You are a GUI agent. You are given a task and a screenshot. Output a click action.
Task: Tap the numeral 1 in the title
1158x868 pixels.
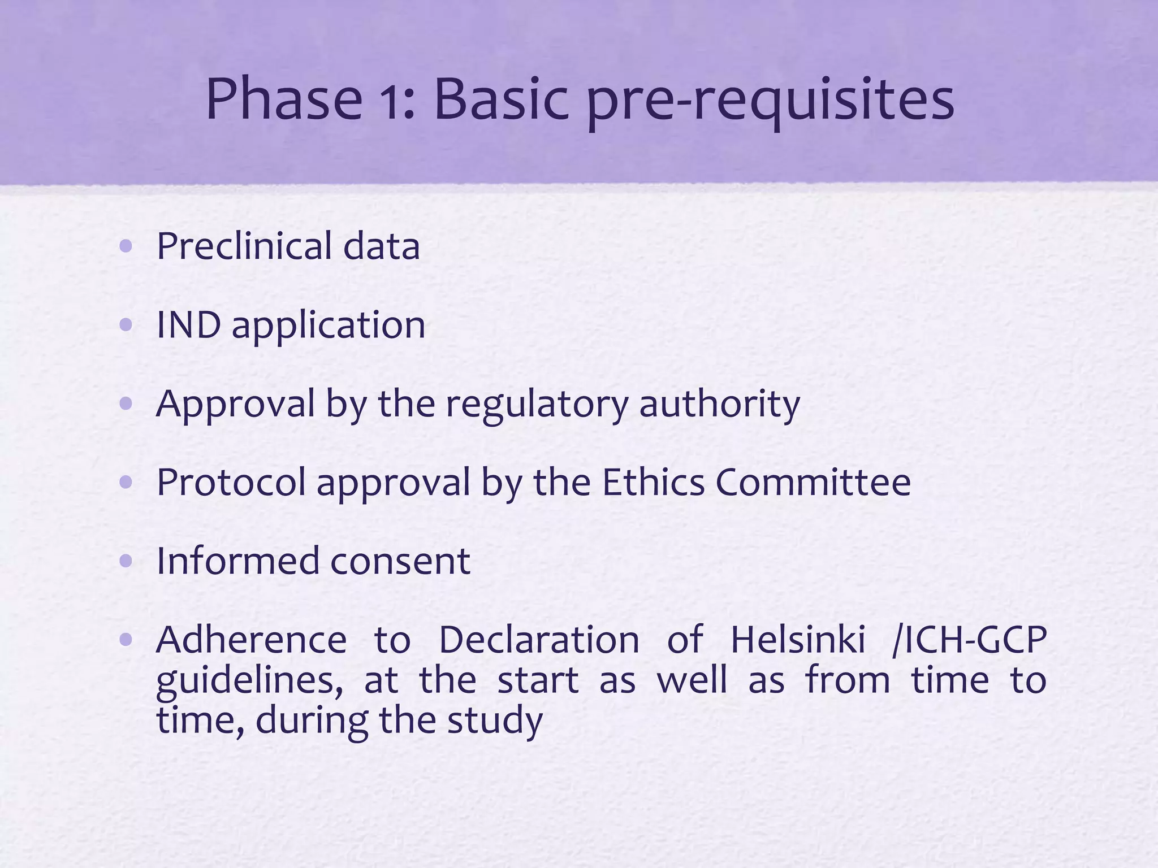point(399,101)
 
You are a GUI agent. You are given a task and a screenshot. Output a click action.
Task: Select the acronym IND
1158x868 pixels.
point(188,325)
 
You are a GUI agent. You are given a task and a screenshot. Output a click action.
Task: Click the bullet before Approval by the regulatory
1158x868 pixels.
point(126,403)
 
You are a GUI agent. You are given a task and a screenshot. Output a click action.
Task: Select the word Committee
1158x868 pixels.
point(813,482)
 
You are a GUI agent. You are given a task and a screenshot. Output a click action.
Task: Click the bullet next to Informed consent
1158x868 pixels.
point(126,561)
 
